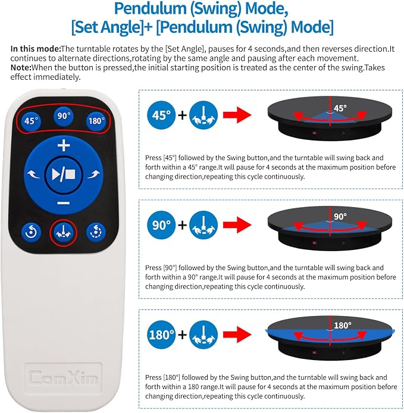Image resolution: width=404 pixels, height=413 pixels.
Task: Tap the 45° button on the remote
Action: tap(31, 121)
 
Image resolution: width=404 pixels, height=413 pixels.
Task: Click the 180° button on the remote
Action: tap(96, 121)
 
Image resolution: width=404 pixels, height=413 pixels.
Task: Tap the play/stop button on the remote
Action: tap(64, 174)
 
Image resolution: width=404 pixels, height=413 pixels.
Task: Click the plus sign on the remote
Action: tap(64, 145)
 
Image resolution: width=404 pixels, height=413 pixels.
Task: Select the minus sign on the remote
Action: tap(64, 203)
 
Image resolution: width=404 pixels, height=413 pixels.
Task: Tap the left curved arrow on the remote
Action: tap(34, 174)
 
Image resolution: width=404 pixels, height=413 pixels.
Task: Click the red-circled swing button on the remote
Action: tap(63, 233)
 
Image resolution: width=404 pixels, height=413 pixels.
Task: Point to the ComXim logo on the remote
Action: tap(63, 378)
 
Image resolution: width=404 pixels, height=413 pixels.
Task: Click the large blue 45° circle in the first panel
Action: tap(161, 115)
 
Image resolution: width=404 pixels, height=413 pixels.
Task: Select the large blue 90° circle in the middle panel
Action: tap(161, 225)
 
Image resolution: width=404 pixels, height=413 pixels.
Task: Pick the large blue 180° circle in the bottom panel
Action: tap(161, 335)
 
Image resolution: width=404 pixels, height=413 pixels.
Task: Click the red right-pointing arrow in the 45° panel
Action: tap(237, 115)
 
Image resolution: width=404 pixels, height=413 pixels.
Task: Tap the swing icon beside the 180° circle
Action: tap(203, 335)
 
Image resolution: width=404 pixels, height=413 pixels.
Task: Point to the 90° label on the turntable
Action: tap(340, 217)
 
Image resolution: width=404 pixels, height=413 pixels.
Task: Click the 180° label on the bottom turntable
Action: tap(342, 326)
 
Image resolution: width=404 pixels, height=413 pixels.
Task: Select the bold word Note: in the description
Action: tap(21, 67)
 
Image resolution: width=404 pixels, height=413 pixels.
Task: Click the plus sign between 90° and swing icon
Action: tap(182, 225)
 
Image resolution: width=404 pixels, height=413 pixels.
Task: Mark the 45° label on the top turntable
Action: tap(340, 108)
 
